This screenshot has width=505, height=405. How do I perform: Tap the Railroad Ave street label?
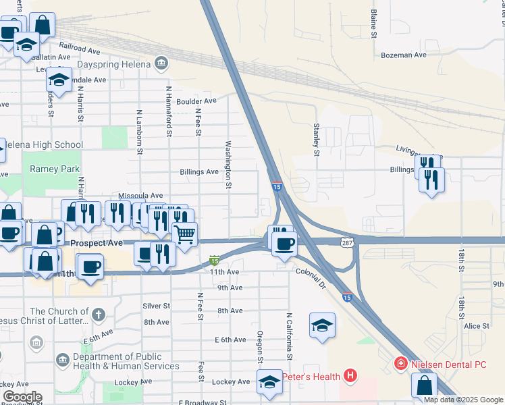tap(79, 48)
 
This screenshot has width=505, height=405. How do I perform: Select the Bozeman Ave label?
tap(404, 55)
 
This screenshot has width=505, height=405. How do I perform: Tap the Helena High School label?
tap(44, 145)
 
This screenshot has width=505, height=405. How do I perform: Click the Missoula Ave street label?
tap(140, 195)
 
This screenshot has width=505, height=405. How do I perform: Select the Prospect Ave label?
tap(97, 242)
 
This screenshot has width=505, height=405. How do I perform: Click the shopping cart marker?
tap(184, 235)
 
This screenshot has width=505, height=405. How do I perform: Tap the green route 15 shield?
tap(214, 260)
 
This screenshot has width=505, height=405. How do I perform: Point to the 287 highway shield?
tap(347, 242)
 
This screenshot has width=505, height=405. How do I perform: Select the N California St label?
tap(289, 335)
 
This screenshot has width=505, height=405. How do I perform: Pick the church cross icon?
tap(99, 315)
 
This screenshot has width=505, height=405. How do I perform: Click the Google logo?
tap(22, 397)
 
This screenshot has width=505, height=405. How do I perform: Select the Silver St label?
tap(156, 306)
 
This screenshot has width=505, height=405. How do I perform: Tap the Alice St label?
tap(476, 325)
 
